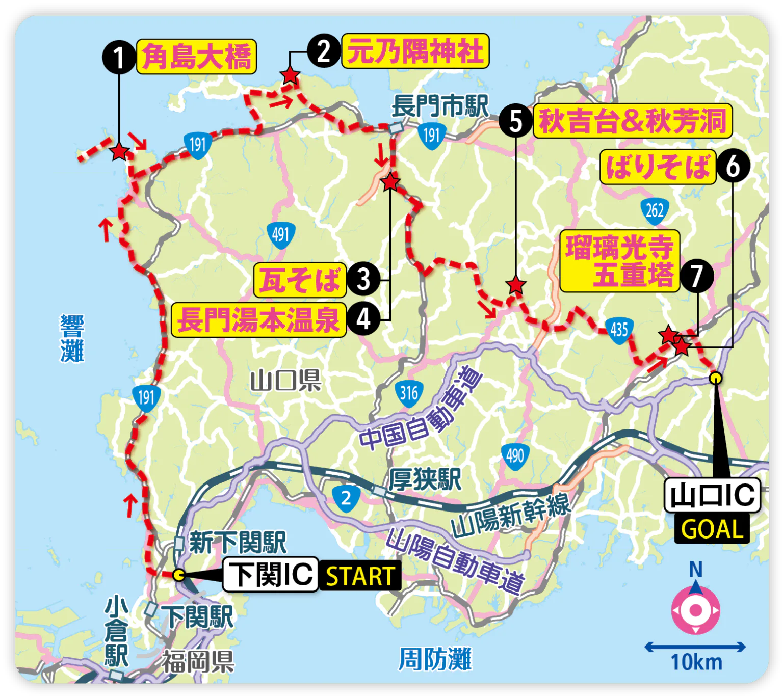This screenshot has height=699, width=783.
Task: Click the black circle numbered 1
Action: tap(119, 57)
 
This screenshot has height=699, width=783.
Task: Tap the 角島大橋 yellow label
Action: tap(196, 57)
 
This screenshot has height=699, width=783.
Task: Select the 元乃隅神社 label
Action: tap(415, 51)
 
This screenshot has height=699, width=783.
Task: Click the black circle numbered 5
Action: tap(516, 121)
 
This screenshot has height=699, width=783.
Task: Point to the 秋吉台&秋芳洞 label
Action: tap(633, 121)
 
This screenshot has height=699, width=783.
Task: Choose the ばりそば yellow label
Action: tap(658, 166)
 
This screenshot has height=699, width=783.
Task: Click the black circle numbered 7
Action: tap(696, 276)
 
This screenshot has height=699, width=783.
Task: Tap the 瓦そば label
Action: tap(300, 280)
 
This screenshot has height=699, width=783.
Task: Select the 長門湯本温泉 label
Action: tap(258, 319)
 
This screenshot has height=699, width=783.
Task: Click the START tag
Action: tap(360, 576)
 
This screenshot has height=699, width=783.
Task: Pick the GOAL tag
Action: tap(712, 529)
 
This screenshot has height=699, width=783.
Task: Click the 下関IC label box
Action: tap(270, 574)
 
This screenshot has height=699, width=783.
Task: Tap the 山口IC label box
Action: tap(712, 495)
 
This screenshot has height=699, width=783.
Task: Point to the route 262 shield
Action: tap(655, 210)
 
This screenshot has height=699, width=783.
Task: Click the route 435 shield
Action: tap(619, 330)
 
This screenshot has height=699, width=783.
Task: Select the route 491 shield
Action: tap(281, 235)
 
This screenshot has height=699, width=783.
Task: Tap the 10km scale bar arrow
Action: tap(695, 647)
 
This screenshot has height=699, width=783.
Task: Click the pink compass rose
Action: tap(695, 610)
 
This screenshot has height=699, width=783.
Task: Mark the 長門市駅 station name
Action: tap(439, 106)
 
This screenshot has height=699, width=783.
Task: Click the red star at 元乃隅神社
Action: tap(290, 75)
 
